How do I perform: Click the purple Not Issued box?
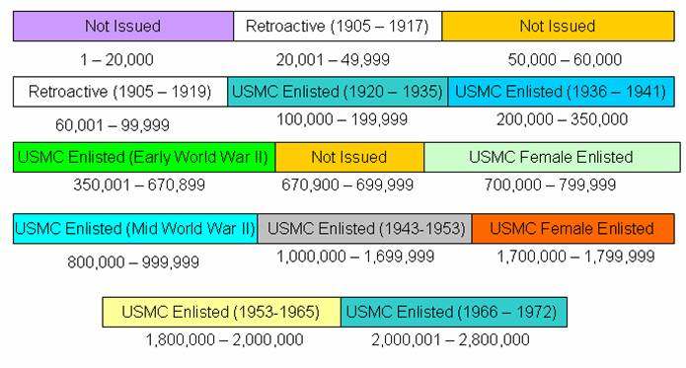click(123, 26)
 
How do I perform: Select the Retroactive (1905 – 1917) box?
click(338, 26)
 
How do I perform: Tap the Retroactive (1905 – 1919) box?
click(120, 92)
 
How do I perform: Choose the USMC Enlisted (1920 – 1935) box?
click(338, 92)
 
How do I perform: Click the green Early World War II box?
click(144, 157)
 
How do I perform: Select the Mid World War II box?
click(135, 228)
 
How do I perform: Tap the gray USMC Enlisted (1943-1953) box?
click(365, 228)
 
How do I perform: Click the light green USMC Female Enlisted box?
click(552, 157)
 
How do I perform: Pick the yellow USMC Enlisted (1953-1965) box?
click(221, 312)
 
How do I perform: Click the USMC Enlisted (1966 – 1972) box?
click(454, 312)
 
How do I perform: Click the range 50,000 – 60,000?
click(565, 60)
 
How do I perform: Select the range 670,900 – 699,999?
click(349, 184)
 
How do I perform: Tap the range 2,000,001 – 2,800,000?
click(450, 339)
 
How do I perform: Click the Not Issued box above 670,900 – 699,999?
click(349, 157)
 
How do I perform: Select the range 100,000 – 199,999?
click(338, 119)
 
